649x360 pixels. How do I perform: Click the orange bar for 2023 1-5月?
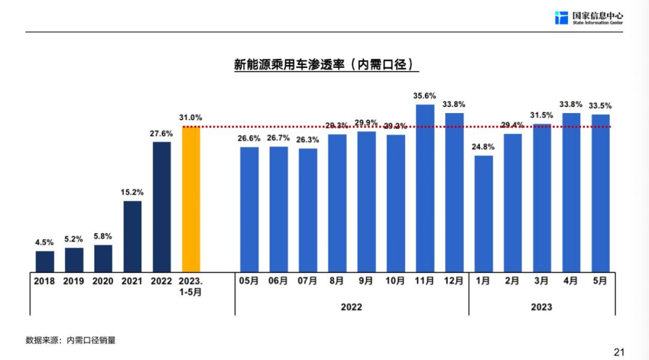point(190,199)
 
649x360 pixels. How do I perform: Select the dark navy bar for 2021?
point(132,236)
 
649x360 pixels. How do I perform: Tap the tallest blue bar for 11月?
point(425,188)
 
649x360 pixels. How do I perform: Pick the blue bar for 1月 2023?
point(483,213)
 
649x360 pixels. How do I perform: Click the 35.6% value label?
point(425,96)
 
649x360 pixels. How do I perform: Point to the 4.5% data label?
point(44,242)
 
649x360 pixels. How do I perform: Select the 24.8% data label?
point(483,147)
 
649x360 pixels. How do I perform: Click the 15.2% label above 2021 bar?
point(132,192)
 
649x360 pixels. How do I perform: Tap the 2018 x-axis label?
point(44,281)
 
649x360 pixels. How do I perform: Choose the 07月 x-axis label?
point(308,281)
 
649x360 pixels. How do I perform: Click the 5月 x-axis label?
point(600,281)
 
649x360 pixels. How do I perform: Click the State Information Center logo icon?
point(561,17)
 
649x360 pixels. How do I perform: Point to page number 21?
point(619,352)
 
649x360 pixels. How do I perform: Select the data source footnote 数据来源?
point(70,340)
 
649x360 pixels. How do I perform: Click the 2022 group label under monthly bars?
point(352,307)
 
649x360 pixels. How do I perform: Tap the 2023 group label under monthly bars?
point(541,307)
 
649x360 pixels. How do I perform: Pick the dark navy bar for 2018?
point(44,261)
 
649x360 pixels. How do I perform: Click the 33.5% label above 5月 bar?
point(600,106)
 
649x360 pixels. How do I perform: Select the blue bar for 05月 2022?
point(249,209)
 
